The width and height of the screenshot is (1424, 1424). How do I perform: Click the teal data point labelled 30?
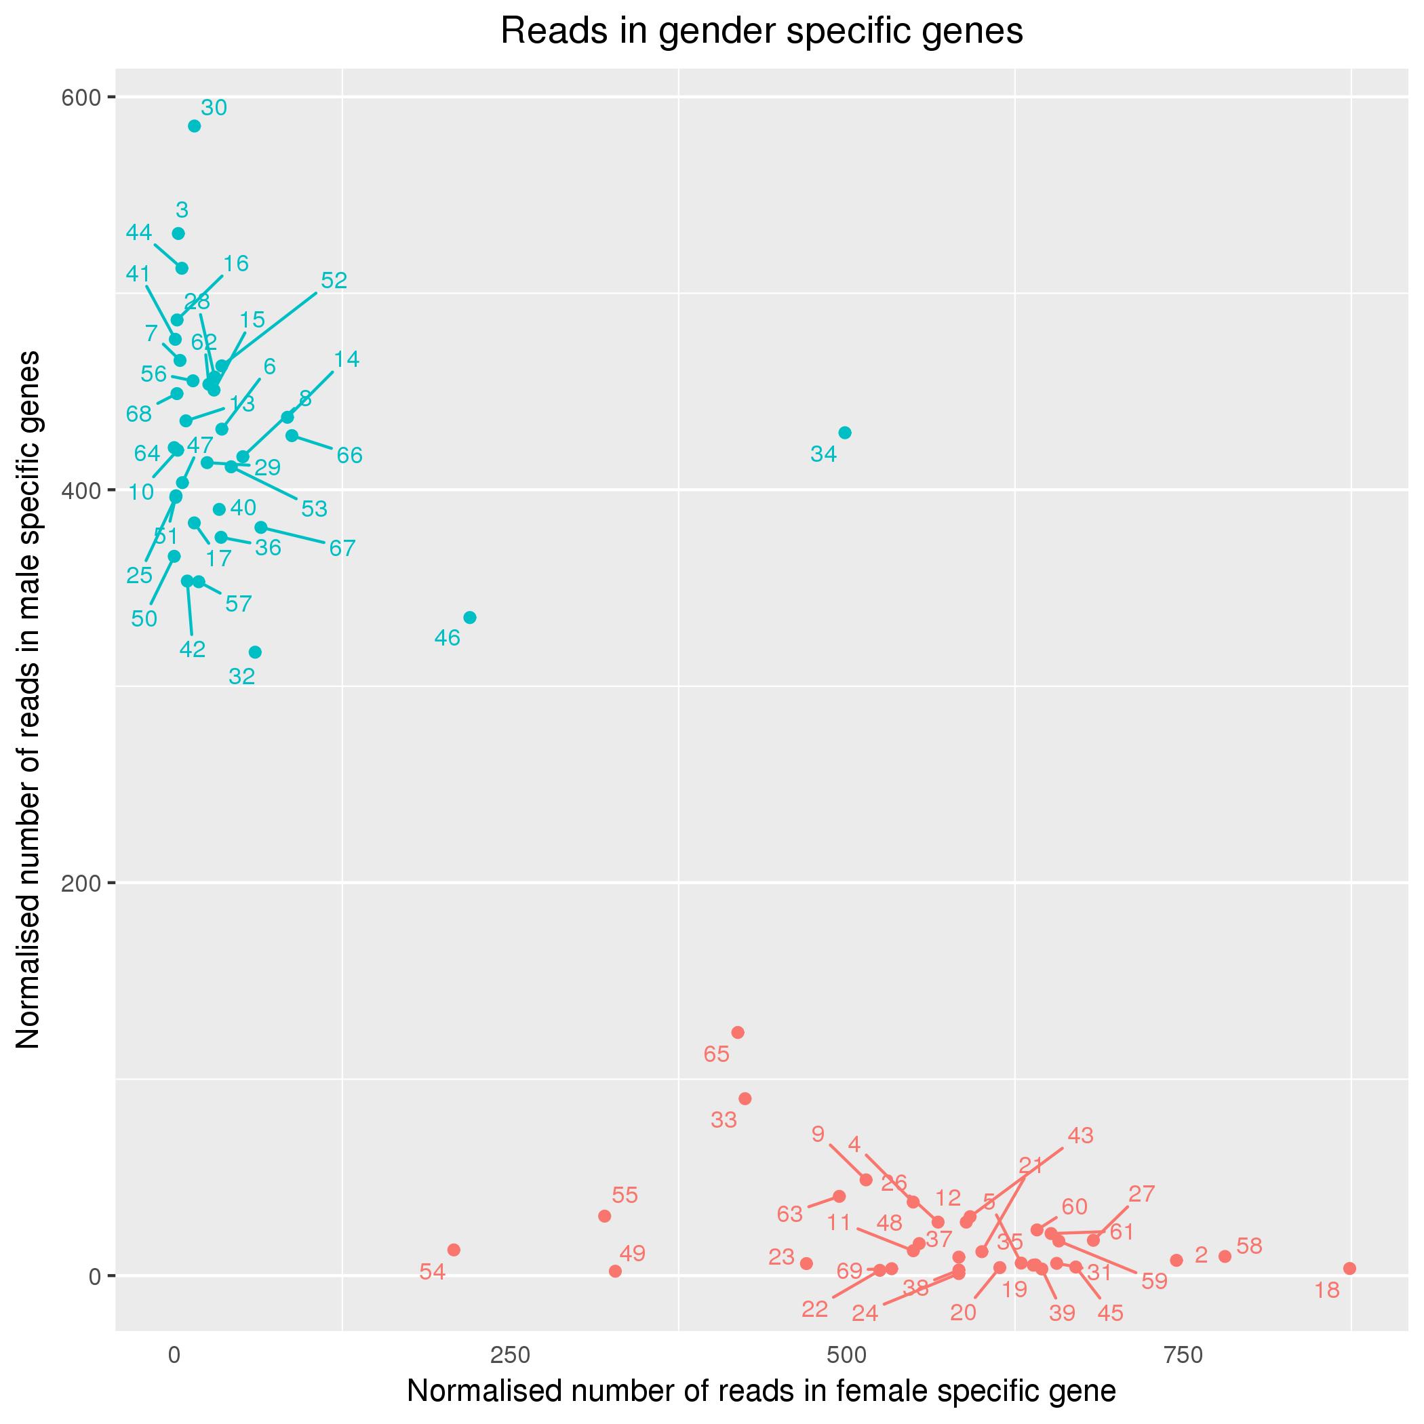[195, 126]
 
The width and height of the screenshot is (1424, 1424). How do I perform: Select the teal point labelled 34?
[845, 433]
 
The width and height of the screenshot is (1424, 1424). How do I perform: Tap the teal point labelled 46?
[469, 617]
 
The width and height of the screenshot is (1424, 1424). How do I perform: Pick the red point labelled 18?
[1349, 1268]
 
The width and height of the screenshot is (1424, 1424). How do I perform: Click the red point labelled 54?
[454, 1249]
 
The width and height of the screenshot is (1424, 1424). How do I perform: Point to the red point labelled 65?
[738, 1032]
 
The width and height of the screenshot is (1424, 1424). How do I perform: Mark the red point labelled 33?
[745, 1099]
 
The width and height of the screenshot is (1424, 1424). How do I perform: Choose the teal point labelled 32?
[255, 652]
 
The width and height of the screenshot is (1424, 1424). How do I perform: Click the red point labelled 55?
[604, 1215]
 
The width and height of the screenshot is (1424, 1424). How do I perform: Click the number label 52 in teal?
[334, 280]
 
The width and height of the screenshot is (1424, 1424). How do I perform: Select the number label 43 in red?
[1080, 1135]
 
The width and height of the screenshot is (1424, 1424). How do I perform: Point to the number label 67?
[342, 548]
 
